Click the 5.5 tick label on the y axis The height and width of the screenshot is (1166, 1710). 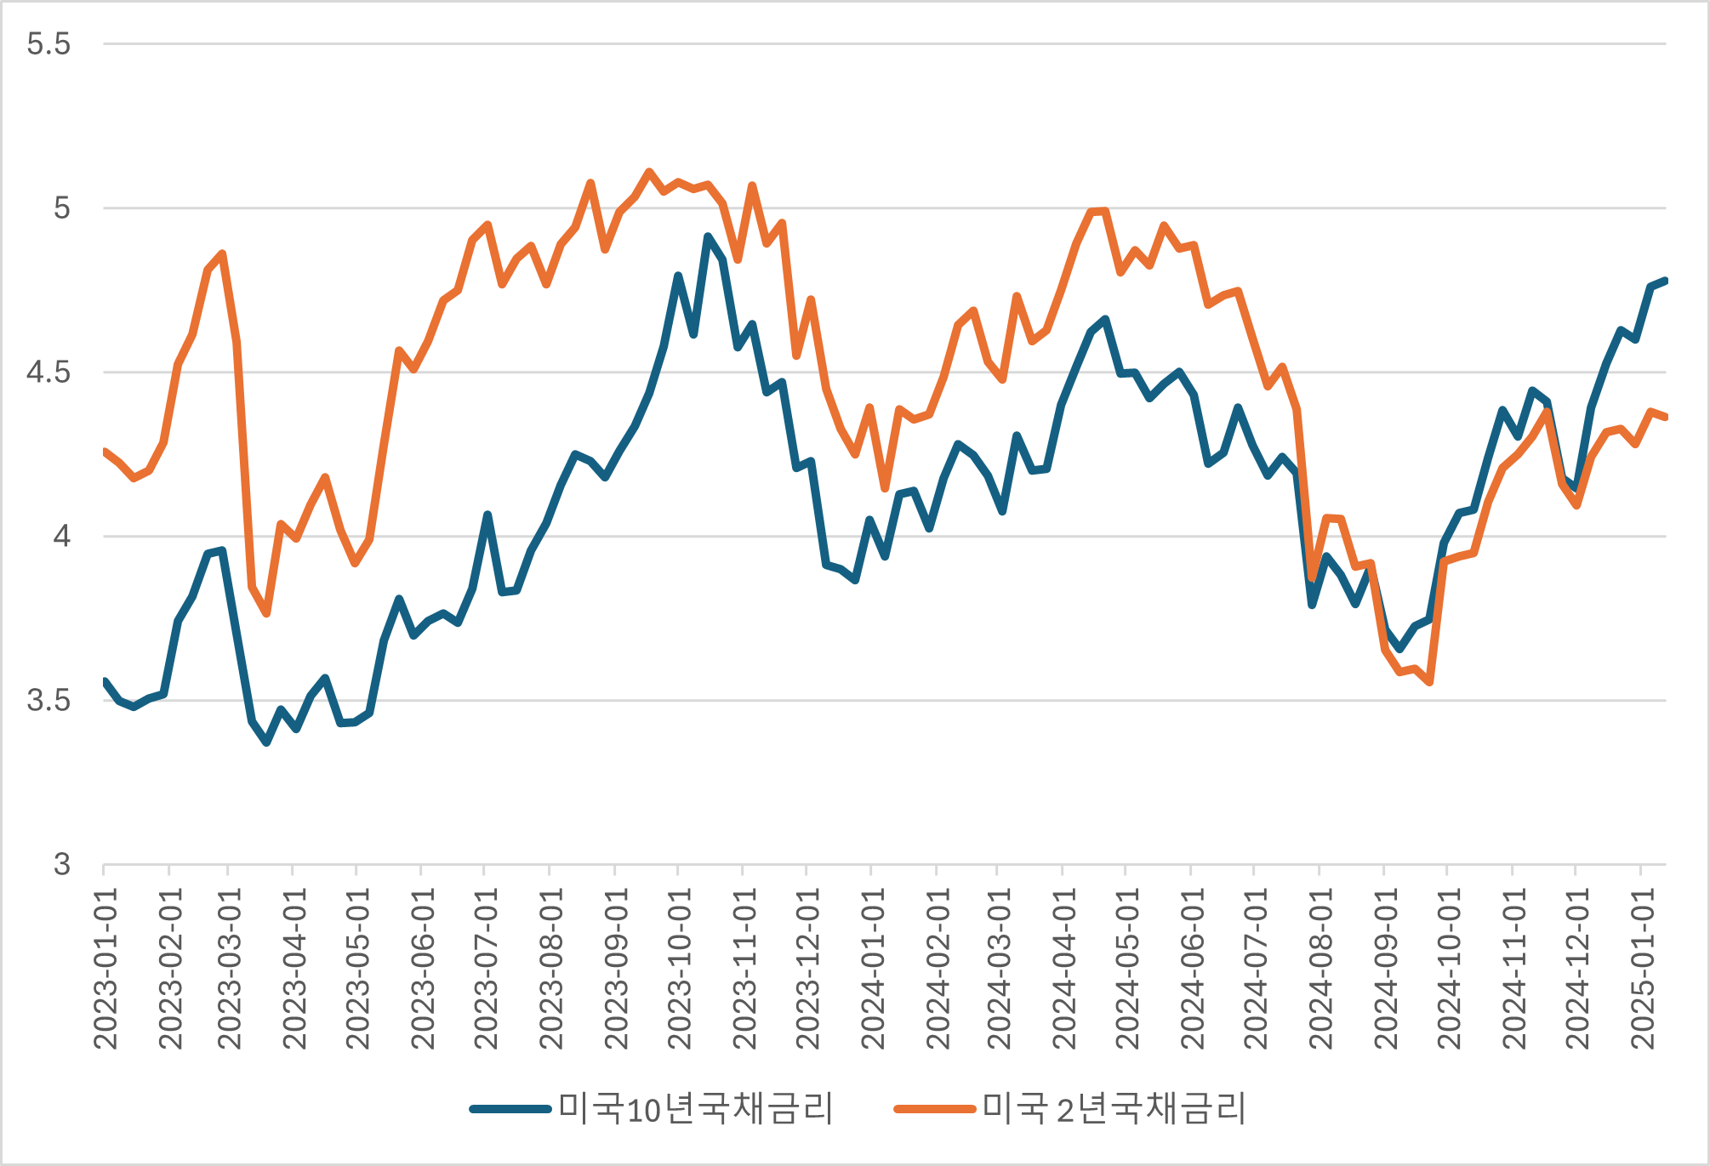coord(48,44)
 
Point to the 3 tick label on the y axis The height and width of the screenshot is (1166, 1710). coord(61,865)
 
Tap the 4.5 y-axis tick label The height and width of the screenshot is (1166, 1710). coord(48,373)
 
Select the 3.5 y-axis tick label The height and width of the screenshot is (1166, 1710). coord(48,701)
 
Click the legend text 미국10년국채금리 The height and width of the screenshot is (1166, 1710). coord(696,1109)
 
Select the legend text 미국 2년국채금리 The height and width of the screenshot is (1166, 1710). coord(1114,1109)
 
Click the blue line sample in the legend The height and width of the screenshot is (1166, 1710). coord(510,1109)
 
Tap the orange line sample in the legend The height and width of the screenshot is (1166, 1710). coord(934,1109)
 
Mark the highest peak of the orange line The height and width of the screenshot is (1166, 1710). coord(649,172)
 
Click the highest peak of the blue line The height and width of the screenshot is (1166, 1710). coord(708,236)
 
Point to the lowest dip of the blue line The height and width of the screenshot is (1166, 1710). coord(266,742)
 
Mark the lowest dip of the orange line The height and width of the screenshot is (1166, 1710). coord(1430,682)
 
